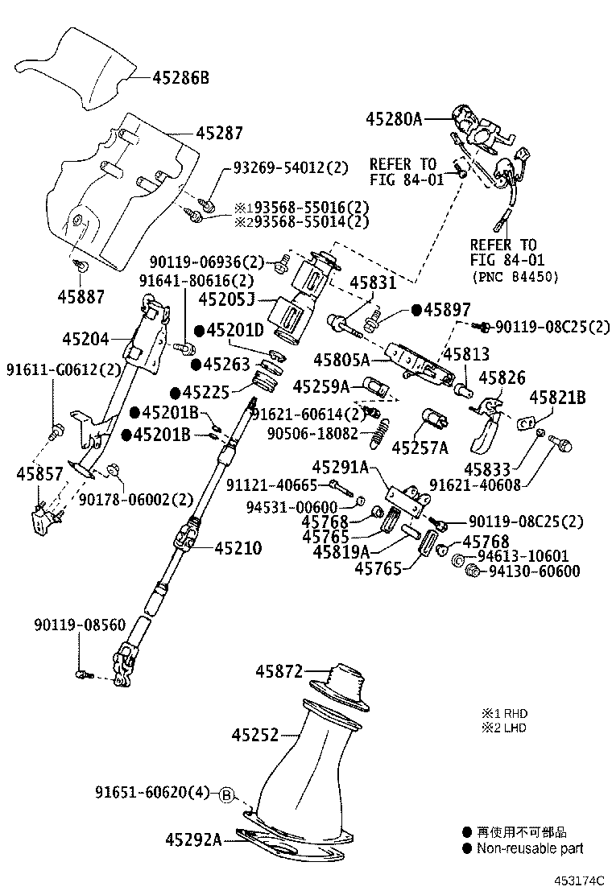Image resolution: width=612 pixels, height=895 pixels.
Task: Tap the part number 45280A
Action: coord(394,119)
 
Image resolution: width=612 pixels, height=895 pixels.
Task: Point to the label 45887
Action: coord(81,296)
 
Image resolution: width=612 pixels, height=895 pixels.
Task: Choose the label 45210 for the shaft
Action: coord(238,548)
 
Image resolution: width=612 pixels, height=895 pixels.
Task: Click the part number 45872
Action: coord(279,670)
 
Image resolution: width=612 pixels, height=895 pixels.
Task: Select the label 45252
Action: coord(255,734)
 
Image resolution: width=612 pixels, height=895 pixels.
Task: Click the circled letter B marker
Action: coord(227,795)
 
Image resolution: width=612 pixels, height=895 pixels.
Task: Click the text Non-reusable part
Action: coord(529,848)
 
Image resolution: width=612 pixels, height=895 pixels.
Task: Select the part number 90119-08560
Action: coord(81,625)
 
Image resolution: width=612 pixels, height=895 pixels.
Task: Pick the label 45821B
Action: coord(557,397)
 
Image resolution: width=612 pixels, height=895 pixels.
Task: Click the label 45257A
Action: coord(420,446)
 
